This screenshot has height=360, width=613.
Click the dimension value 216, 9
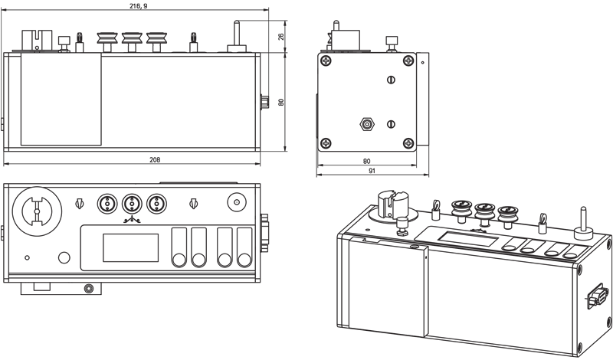coord(139,5)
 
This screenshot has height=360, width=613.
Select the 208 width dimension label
coord(155,159)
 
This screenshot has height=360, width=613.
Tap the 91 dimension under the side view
coord(372,172)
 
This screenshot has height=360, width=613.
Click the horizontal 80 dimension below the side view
coord(366,161)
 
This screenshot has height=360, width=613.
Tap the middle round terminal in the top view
coord(132,204)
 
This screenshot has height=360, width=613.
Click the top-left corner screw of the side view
coord(326,61)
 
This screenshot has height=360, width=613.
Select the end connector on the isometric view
coord(596,298)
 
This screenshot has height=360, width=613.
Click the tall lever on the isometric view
coord(582,219)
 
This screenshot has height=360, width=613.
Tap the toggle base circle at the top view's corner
coord(237,203)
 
